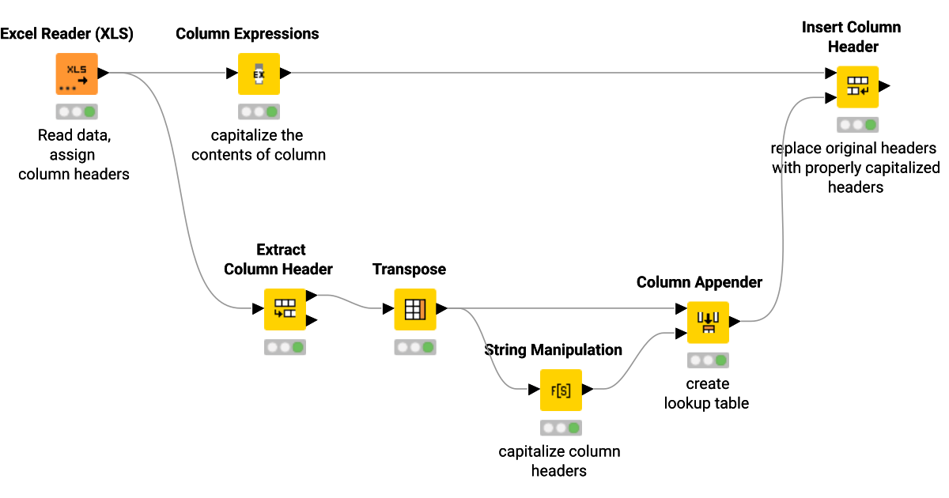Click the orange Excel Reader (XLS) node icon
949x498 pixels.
[76, 74]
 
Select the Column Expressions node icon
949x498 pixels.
[259, 74]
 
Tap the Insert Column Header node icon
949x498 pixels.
[857, 86]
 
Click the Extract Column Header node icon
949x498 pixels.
[284, 309]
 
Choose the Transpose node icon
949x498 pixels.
[415, 309]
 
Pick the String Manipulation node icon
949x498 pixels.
[561, 390]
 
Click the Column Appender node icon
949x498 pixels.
[707, 323]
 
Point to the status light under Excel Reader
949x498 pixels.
[76, 111]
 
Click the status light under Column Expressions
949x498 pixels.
[259, 111]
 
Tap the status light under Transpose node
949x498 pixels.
[415, 347]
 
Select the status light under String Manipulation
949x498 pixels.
[561, 428]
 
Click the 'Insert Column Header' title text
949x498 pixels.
[852, 37]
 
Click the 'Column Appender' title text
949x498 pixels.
[699, 282]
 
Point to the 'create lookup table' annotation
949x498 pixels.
[706, 393]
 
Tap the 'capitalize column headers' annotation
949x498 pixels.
[559, 461]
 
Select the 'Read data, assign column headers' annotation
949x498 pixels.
[74, 154]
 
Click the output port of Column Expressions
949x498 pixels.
[285, 74]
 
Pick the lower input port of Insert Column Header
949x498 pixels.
[830, 99]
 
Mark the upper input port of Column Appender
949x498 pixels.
[681, 310]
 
